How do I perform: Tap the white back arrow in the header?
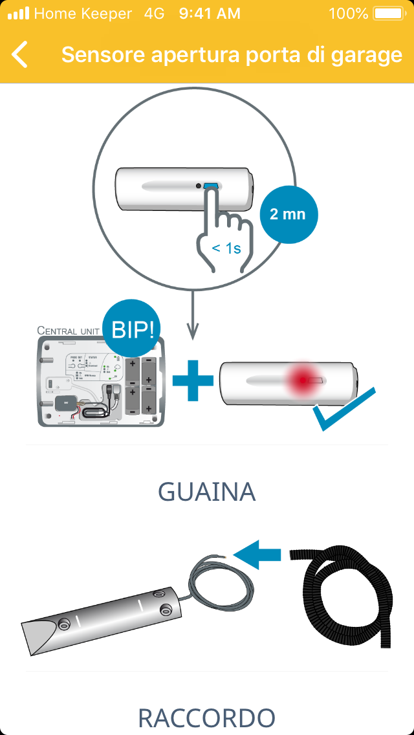coord(20,55)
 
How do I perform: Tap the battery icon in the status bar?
coord(388,14)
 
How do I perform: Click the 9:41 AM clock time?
coord(210,14)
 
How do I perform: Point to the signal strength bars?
coord(18,14)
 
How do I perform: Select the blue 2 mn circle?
coord(289,214)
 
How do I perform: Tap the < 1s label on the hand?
coord(226,248)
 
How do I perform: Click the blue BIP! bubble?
coord(132,330)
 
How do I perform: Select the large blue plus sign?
coord(193,385)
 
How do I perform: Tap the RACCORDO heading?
coord(207,718)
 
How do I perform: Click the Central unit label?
coord(68,331)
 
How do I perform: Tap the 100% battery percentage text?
coord(347,14)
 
